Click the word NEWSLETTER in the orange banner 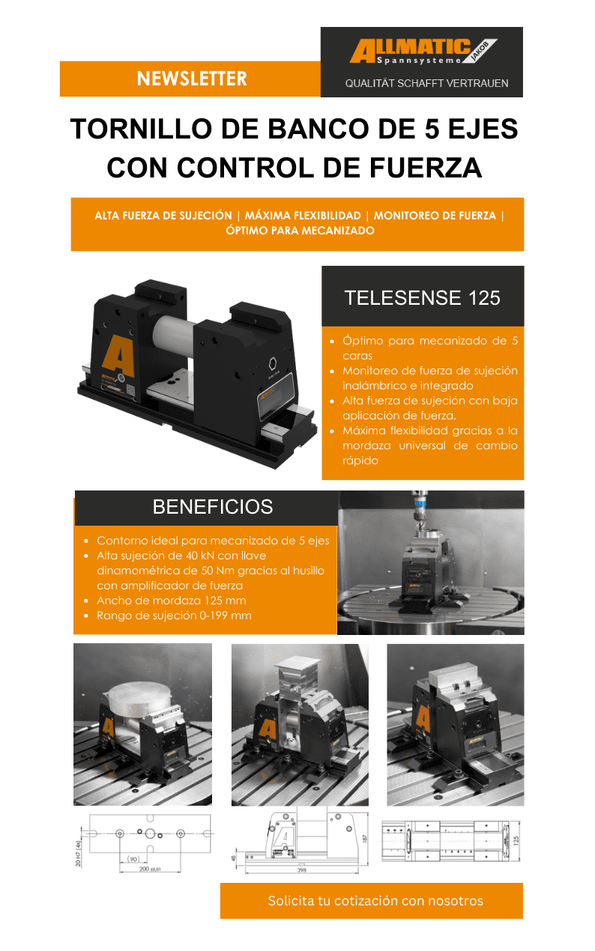tap(191, 79)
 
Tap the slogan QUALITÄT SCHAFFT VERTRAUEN tap(426, 83)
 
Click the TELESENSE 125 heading tap(422, 298)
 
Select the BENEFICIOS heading tap(212, 507)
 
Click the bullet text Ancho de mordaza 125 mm tap(171, 601)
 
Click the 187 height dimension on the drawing tap(365, 838)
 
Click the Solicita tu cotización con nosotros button tap(372, 901)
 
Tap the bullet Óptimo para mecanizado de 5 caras tap(429, 348)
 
